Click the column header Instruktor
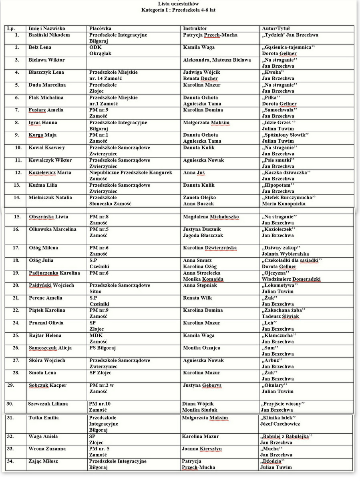click(195, 29)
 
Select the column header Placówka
click(100, 29)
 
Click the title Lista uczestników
click(178, 3)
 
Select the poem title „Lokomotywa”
click(280, 285)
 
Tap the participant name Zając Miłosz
click(43, 461)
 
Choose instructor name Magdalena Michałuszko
click(211, 217)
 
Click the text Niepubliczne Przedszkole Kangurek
click(131, 173)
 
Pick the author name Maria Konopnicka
click(284, 204)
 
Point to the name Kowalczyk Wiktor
click(50, 160)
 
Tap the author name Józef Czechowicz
click(280, 424)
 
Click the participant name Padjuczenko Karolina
click(54, 273)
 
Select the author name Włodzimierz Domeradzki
click(291, 279)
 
